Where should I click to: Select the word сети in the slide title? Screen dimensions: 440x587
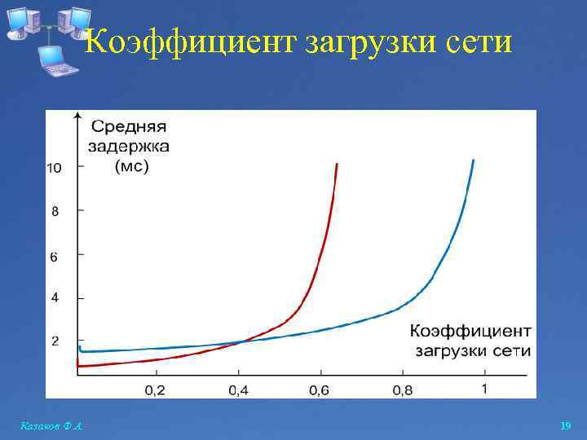click(x=481, y=41)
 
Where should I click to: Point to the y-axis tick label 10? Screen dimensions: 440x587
click(x=54, y=169)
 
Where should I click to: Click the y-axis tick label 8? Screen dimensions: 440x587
click(x=55, y=211)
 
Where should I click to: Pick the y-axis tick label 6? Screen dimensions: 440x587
click(x=55, y=257)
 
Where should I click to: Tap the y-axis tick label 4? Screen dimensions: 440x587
click(x=55, y=298)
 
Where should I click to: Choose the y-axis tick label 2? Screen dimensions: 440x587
click(x=55, y=341)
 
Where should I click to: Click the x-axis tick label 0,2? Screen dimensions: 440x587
click(x=155, y=390)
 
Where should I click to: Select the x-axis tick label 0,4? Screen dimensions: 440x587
click(x=238, y=390)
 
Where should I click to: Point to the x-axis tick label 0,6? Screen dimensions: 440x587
click(x=320, y=390)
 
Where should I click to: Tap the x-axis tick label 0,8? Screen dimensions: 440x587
click(x=403, y=390)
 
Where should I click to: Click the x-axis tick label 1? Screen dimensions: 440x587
click(x=485, y=389)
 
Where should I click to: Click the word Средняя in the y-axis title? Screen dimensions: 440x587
click(x=128, y=127)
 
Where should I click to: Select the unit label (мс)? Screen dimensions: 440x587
click(x=131, y=167)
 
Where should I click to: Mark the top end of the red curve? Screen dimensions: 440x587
click(x=337, y=165)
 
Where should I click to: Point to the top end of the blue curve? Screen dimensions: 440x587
click(x=474, y=161)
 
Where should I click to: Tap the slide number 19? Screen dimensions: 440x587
click(x=566, y=426)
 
